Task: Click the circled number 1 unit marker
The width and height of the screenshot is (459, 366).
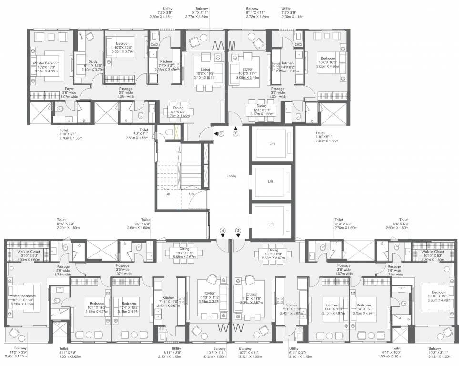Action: pos(221,133)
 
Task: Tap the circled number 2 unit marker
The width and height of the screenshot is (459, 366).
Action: pos(235,133)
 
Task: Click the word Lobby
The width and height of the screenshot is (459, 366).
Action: pos(232,176)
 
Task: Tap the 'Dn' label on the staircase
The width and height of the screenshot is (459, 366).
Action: pos(168,194)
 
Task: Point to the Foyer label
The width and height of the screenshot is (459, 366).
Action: pos(69,89)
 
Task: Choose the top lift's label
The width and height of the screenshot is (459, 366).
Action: pos(271,143)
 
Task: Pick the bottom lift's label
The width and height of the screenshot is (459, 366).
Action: pos(271,224)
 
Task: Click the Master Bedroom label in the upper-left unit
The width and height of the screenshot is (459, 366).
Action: pos(46,63)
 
